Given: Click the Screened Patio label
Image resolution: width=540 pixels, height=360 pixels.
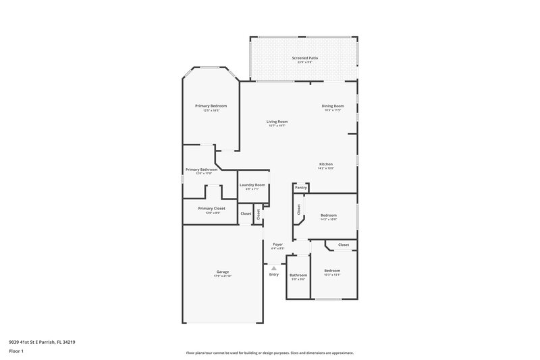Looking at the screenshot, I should point(305,58).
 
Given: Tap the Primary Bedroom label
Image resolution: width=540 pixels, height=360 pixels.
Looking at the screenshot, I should point(211,106).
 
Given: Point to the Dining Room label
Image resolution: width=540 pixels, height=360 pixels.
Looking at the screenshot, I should point(333,106).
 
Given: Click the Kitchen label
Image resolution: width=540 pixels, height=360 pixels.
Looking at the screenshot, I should point(326,164).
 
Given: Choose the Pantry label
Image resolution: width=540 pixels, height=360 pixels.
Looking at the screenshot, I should point(301,187).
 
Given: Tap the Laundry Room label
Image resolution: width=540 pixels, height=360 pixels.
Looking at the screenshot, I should point(253,185).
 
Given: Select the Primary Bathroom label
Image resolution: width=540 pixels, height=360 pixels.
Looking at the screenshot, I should point(200,170).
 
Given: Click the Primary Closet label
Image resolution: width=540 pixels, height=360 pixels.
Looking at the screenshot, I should point(211,209).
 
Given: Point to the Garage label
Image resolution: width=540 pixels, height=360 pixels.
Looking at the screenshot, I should point(223,272).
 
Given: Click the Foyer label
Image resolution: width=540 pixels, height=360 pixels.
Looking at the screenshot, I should point(277,244).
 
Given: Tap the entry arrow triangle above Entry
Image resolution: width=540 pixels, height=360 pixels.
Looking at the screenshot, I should point(273,267).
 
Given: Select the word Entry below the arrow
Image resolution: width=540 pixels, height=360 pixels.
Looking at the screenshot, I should point(273,274).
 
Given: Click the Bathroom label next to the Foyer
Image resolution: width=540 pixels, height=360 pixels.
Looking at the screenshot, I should point(298,275).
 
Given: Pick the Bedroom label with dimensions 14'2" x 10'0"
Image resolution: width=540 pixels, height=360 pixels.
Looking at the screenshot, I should point(328,215).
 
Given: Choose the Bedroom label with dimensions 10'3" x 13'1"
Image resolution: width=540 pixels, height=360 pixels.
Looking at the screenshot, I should point(332,270).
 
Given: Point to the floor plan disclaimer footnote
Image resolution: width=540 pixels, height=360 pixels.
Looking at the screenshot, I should point(269,353).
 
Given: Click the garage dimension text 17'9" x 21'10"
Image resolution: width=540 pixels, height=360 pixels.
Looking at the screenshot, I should point(223,276).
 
